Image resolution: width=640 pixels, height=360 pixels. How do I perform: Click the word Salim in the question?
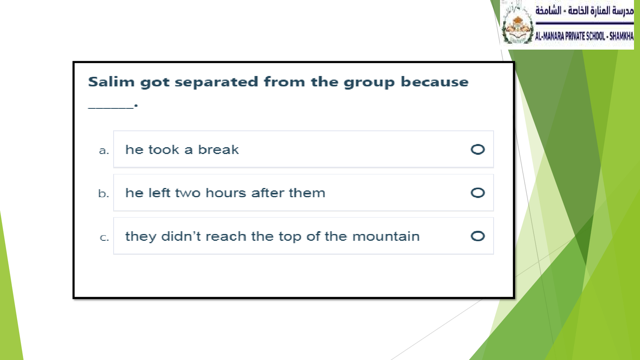click(x=111, y=82)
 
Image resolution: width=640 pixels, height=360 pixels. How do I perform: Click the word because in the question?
click(x=434, y=82)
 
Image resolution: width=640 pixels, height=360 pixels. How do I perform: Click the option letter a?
click(x=104, y=150)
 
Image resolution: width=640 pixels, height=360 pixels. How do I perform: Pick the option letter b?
click(x=104, y=194)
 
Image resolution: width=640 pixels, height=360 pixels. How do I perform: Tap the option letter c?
click(x=104, y=238)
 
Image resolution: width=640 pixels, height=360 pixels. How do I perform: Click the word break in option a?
click(x=218, y=150)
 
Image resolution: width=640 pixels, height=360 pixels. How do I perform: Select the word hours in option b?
click(x=226, y=193)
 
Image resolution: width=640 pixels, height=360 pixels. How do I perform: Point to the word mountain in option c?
click(x=386, y=236)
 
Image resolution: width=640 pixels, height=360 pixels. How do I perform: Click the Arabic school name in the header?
click(x=584, y=11)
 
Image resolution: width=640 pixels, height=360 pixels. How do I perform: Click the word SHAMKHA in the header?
click(x=622, y=36)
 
